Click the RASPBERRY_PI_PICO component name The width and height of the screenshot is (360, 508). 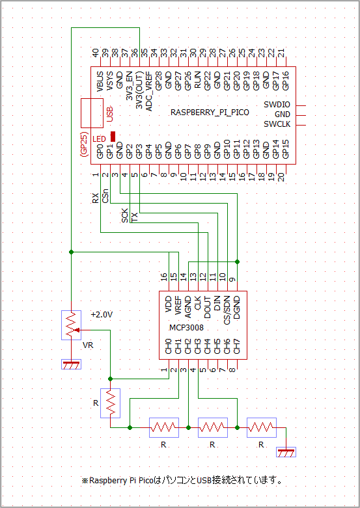(210, 113)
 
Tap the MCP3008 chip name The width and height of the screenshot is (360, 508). (186, 328)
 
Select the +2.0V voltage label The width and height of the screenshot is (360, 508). (102, 314)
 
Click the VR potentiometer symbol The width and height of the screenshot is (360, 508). (71, 325)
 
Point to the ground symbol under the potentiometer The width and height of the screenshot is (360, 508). (71, 364)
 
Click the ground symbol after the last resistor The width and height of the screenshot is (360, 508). (286, 452)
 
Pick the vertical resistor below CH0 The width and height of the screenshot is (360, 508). (110, 403)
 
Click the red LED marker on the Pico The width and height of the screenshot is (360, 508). (113, 137)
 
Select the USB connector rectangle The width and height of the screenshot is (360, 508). (92, 113)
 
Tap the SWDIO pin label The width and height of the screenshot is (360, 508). (277, 105)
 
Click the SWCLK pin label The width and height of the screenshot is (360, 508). (277, 124)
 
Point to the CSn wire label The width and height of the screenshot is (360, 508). (105, 195)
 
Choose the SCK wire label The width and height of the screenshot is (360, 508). (125, 215)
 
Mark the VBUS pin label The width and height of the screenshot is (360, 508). (100, 82)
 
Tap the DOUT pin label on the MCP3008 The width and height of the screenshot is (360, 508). (208, 307)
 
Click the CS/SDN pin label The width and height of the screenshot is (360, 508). (227, 310)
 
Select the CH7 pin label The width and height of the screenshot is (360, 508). (237, 346)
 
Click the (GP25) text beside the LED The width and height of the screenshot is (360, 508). (85, 144)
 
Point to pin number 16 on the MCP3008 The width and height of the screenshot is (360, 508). (164, 277)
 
